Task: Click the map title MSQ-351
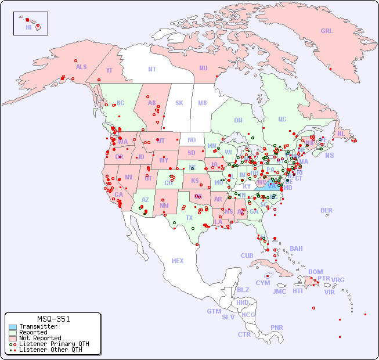pyautogui.click(x=53, y=319)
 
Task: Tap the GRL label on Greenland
pyautogui.click(x=327, y=31)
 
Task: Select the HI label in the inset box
pyautogui.click(x=28, y=27)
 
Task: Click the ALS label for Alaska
pyautogui.click(x=81, y=67)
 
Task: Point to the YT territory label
pyautogui.click(x=109, y=70)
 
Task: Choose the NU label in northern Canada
pyautogui.click(x=203, y=68)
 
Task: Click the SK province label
pyautogui.click(x=179, y=103)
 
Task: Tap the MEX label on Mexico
pyautogui.click(x=178, y=261)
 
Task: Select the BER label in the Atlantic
pyautogui.click(x=327, y=210)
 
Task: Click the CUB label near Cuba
pyautogui.click(x=247, y=255)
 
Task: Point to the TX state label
pyautogui.click(x=189, y=218)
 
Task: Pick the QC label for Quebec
pyautogui.click(x=282, y=119)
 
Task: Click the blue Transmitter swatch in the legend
pyautogui.click(x=13, y=327)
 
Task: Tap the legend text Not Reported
pyautogui.click(x=40, y=338)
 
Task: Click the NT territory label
pyautogui.click(x=152, y=69)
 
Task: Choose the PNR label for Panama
pyautogui.click(x=277, y=327)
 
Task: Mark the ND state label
pyautogui.click(x=192, y=140)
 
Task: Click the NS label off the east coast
pyautogui.click(x=330, y=155)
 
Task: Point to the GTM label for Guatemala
pyautogui.click(x=214, y=311)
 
